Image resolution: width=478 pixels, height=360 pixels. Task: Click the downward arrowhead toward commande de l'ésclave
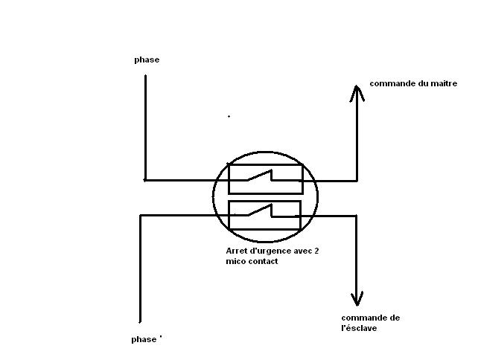[357, 299]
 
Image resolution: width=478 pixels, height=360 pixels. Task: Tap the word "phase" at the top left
[147, 60]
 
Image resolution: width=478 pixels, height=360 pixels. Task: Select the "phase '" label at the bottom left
[146, 339]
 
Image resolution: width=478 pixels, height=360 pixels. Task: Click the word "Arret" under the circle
[236, 251]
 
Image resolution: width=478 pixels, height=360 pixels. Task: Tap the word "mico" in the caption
[235, 262]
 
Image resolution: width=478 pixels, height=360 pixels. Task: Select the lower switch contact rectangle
[264, 215]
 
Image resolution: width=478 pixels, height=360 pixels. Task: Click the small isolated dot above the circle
[229, 116]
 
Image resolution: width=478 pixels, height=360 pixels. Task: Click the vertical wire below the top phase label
[145, 126]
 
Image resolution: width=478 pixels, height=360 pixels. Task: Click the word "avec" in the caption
[300, 251]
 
